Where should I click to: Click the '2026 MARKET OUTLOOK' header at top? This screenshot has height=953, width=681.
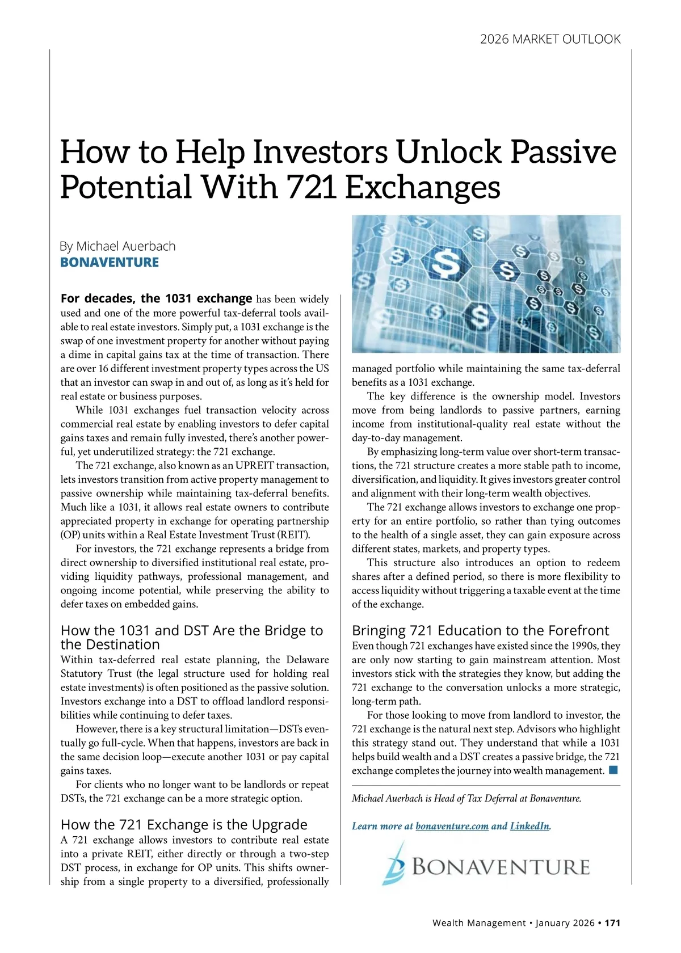pos(550,39)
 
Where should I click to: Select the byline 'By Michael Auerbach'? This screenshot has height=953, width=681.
pos(117,246)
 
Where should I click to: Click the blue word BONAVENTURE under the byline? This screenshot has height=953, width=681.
pos(110,263)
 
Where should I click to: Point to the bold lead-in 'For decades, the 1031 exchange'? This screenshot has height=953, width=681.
pos(156,298)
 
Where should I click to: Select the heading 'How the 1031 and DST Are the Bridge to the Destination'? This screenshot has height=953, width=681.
pos(192,637)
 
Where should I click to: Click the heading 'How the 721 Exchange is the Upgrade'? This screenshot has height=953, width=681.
pos(184,824)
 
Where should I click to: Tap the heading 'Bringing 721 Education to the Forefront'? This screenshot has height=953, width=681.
pos(480,630)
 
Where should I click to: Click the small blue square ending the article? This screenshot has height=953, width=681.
pos(613,770)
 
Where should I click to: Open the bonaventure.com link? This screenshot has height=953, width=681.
pos(452,826)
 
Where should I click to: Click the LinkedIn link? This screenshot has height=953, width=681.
pos(529,826)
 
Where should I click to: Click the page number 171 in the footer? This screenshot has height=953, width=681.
pos(612,923)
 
